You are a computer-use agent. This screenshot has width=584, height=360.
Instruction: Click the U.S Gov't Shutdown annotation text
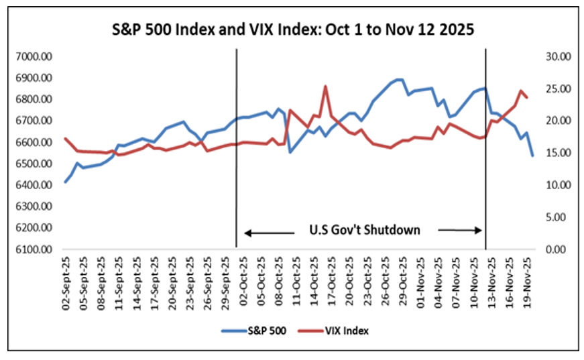coord(365,230)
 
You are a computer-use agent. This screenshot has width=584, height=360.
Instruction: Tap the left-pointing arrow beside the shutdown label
coord(269,233)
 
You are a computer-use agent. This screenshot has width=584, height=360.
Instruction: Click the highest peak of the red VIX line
coord(325,86)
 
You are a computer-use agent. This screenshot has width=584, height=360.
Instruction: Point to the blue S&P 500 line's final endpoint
coord(532,156)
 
